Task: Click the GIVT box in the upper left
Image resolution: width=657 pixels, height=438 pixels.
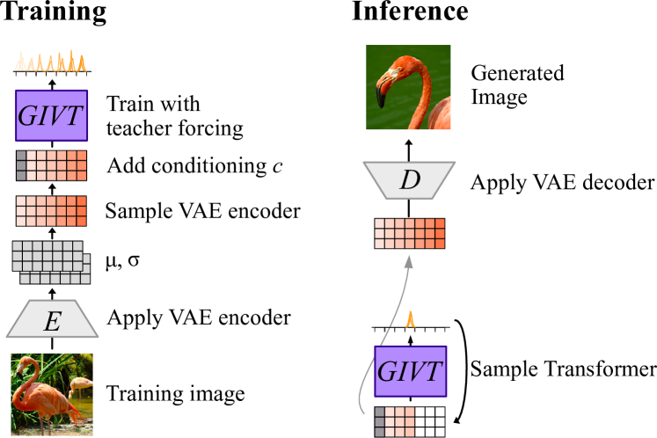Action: point(51,115)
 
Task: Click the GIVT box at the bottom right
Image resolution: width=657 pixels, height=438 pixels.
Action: point(410,371)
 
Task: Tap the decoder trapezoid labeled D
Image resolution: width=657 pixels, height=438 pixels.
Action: point(409,180)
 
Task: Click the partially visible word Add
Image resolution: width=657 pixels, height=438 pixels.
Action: point(123,165)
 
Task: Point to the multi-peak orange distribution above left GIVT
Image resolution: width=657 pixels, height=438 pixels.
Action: point(50,62)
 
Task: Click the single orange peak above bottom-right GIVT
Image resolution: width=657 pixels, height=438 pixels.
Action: point(410,320)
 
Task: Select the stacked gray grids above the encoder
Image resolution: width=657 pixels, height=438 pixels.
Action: point(50,262)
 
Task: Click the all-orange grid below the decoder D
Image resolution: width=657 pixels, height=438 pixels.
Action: point(410,234)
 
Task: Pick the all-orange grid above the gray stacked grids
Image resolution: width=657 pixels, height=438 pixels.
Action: point(51,211)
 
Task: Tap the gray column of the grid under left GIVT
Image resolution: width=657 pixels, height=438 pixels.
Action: point(21,165)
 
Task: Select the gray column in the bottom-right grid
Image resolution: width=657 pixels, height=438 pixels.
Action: point(380,422)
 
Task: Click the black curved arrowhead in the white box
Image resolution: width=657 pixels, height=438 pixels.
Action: point(456,421)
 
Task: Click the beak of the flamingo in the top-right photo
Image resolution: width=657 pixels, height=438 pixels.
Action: point(381,93)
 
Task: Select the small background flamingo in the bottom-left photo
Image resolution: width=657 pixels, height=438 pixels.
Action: point(79,384)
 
